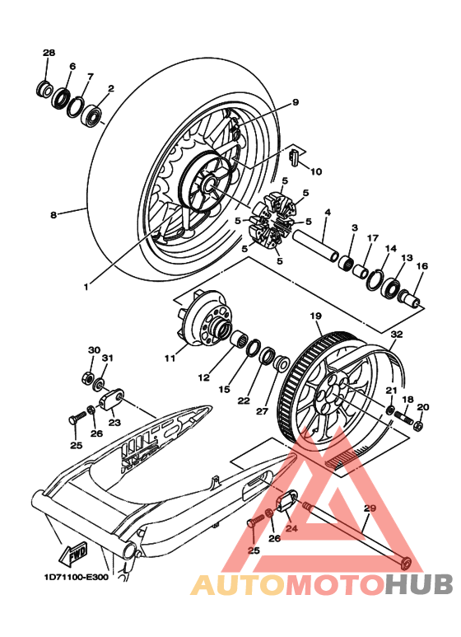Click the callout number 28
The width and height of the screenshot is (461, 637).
click(x=49, y=53)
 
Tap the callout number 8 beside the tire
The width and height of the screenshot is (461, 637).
click(x=53, y=215)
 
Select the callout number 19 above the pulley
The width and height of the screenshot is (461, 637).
click(x=314, y=316)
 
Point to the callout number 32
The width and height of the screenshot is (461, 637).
click(x=397, y=334)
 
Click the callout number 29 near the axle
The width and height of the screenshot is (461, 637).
click(x=369, y=508)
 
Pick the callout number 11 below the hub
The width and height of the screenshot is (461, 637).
click(x=170, y=358)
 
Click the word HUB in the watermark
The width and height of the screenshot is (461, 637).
click(x=419, y=584)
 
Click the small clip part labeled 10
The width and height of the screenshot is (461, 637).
click(x=295, y=154)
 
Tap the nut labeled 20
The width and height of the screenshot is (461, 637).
click(x=418, y=426)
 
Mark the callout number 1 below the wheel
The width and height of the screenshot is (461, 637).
click(x=86, y=287)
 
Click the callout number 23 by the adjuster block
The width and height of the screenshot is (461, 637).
click(x=114, y=422)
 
